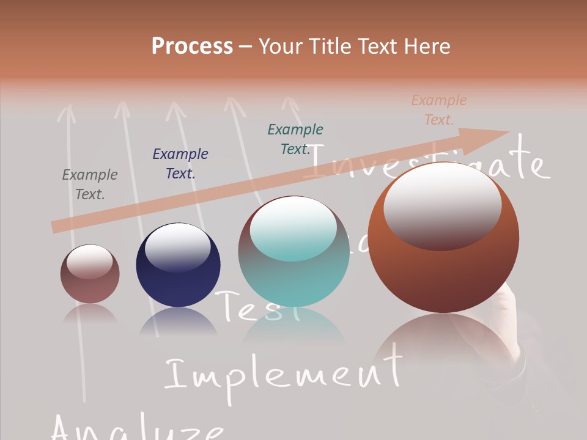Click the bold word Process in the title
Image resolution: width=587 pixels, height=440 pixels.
192,46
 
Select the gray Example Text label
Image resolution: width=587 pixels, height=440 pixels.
90,185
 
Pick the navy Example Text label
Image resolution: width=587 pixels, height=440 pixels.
180,164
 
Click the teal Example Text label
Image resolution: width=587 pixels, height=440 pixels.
295,139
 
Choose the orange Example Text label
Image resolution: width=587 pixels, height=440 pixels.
439,110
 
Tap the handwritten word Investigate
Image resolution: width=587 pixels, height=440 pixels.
428,162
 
